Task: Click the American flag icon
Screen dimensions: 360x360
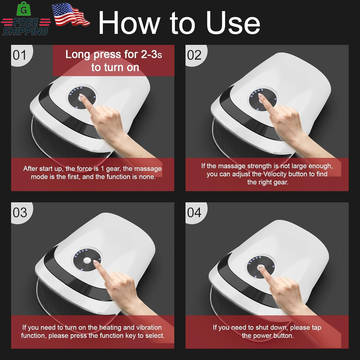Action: click(x=71, y=14)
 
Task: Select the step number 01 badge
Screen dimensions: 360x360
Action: click(x=20, y=55)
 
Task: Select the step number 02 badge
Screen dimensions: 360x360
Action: click(x=194, y=55)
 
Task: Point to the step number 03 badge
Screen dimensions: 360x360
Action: click(x=20, y=213)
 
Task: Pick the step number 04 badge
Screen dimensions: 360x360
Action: click(x=194, y=213)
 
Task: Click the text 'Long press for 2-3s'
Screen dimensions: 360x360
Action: click(x=114, y=55)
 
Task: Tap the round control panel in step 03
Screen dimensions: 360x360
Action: click(x=87, y=260)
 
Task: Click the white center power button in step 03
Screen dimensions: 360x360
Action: click(x=87, y=260)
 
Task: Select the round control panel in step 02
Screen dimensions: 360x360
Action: click(x=263, y=100)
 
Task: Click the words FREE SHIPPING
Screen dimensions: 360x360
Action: click(x=26, y=27)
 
